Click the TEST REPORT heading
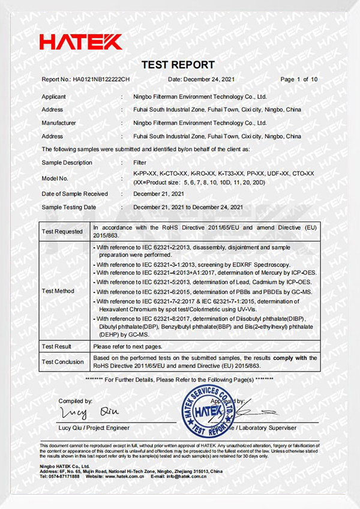click(178, 65)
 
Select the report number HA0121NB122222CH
click(101, 80)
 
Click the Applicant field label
click(54, 97)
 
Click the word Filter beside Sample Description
click(139, 163)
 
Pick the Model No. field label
click(55, 178)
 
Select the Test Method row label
click(59, 291)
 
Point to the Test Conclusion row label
click(63, 362)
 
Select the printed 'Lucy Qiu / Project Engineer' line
click(94, 428)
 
